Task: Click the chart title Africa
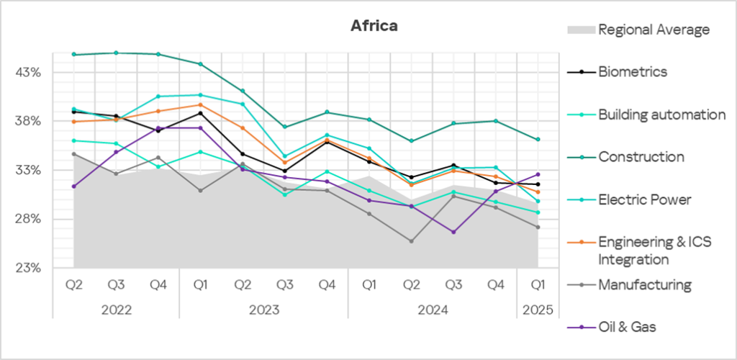pos(374,26)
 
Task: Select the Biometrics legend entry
pos(632,71)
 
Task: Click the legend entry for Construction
pos(641,156)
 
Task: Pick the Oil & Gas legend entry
pos(628,327)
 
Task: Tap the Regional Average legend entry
pos(654,30)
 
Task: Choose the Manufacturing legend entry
pos(644,284)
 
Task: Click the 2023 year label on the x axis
pos(263,310)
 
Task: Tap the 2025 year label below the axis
pos(538,310)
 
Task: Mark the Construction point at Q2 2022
pos(74,55)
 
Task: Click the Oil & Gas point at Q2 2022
pos(74,186)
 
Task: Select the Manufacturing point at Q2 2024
pos(412,241)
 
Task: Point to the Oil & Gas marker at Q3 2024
pos(453,232)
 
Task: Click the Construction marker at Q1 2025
pos(538,140)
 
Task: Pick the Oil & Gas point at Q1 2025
pos(538,174)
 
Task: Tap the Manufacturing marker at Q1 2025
pos(538,228)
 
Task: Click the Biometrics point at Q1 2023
pos(201,113)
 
